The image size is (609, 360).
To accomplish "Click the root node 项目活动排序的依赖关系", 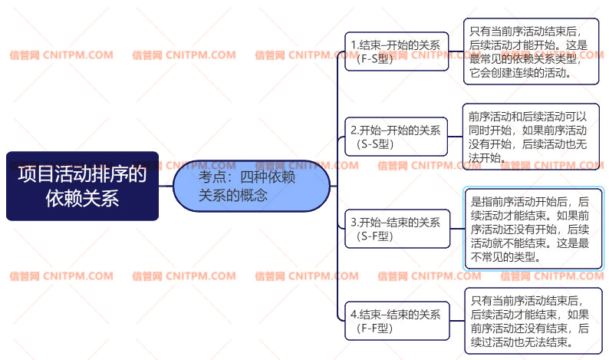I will tap(82, 186).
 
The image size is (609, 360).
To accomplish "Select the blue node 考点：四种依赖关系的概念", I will tap(252, 186).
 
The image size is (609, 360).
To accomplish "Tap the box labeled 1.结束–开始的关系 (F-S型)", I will tap(396, 51).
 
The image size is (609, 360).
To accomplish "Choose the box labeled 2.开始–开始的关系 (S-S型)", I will tap(396, 137).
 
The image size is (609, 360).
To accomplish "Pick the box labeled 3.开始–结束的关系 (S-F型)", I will tap(396, 229).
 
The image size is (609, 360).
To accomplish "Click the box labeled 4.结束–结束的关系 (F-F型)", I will tap(396, 320).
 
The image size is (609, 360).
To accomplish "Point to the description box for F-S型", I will tap(532, 52).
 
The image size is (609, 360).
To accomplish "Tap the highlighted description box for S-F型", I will tap(533, 228).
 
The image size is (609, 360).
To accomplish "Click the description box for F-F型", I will tap(532, 321).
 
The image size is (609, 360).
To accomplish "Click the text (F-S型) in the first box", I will tap(375, 58).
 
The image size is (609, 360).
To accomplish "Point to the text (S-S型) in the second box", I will tap(375, 144).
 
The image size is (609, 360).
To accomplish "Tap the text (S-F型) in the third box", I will tap(375, 236).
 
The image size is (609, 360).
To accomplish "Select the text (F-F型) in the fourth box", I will tap(375, 328).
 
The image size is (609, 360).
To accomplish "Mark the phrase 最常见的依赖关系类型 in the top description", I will tap(522, 60).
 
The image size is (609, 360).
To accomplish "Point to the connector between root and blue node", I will tap(166, 186).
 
